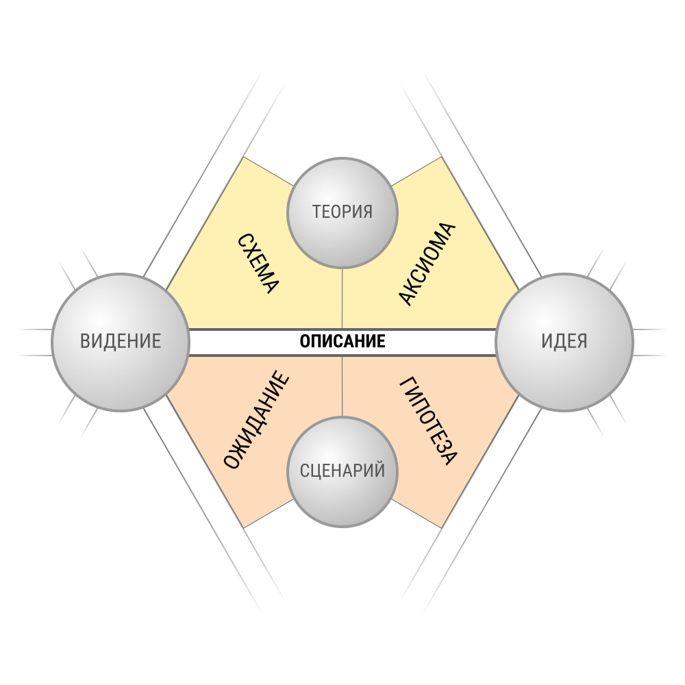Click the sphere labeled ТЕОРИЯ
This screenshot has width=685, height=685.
coord(342,213)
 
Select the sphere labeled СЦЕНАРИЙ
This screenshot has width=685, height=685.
coord(342,472)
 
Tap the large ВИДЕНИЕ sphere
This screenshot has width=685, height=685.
coord(121,342)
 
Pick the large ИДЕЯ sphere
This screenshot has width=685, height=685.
coord(564,342)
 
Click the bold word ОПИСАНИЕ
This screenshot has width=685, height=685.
coord(342,341)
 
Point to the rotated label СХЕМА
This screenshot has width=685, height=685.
coord(258,264)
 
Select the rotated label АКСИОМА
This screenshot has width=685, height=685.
coord(427,264)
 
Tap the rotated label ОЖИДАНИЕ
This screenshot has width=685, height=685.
coord(256,420)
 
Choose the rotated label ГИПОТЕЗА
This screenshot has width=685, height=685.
coord(428,421)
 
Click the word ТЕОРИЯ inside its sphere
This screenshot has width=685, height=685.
coord(342,212)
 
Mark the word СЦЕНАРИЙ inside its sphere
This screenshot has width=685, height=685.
coord(342,471)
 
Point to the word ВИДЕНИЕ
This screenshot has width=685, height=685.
coord(121,341)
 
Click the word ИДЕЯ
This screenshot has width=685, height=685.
coord(564,341)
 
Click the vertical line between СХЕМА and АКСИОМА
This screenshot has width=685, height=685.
coord(342,299)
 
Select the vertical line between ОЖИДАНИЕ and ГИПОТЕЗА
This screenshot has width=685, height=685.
coord(342,386)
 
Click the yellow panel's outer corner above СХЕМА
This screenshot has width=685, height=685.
coord(243,157)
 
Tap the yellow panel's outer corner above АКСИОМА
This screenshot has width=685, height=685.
coord(442,157)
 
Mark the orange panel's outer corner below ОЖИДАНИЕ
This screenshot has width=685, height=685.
coord(243,528)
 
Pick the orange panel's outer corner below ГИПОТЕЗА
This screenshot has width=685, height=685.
coord(442,528)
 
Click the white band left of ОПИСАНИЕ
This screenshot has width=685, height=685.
coord(244,342)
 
